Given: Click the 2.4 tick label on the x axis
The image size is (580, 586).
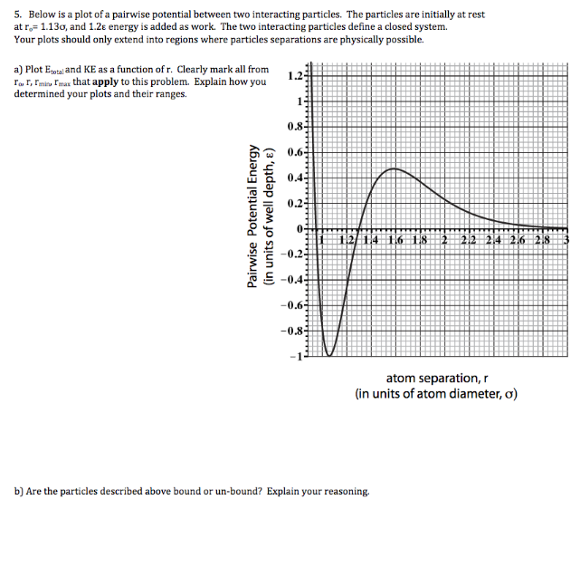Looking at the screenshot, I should click(x=493, y=239).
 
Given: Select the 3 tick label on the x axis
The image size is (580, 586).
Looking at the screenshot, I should click(x=566, y=239).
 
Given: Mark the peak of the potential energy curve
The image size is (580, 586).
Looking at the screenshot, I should click(x=392, y=168).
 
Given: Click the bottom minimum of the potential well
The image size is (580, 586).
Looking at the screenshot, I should click(x=330, y=355).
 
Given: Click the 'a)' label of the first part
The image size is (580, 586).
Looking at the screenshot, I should click(x=19, y=69).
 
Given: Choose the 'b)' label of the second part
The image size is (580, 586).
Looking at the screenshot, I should click(x=19, y=491).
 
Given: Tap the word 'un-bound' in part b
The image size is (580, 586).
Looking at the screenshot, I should click(x=218, y=491).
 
